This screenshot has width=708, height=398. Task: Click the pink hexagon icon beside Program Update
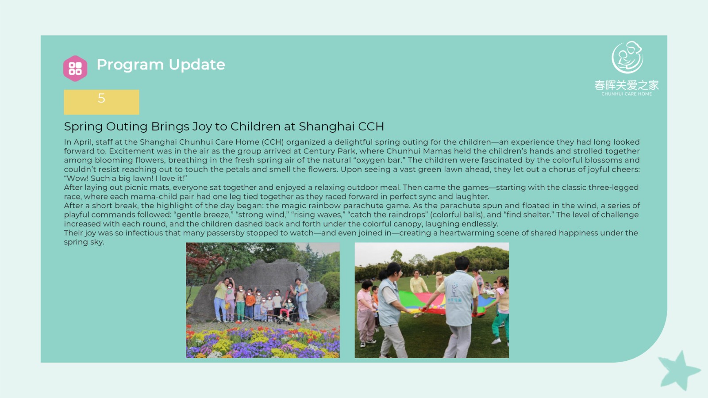(x=75, y=68)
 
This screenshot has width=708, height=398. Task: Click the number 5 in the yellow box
(x=101, y=98)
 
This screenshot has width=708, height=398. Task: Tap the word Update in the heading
(x=196, y=65)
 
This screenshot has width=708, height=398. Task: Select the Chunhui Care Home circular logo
(x=627, y=57)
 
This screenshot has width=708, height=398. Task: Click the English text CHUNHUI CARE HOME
(x=627, y=94)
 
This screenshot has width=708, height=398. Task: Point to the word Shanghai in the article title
(x=327, y=126)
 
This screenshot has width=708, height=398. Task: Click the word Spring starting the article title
(x=84, y=126)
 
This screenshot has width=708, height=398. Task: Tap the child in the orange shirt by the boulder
(x=250, y=304)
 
